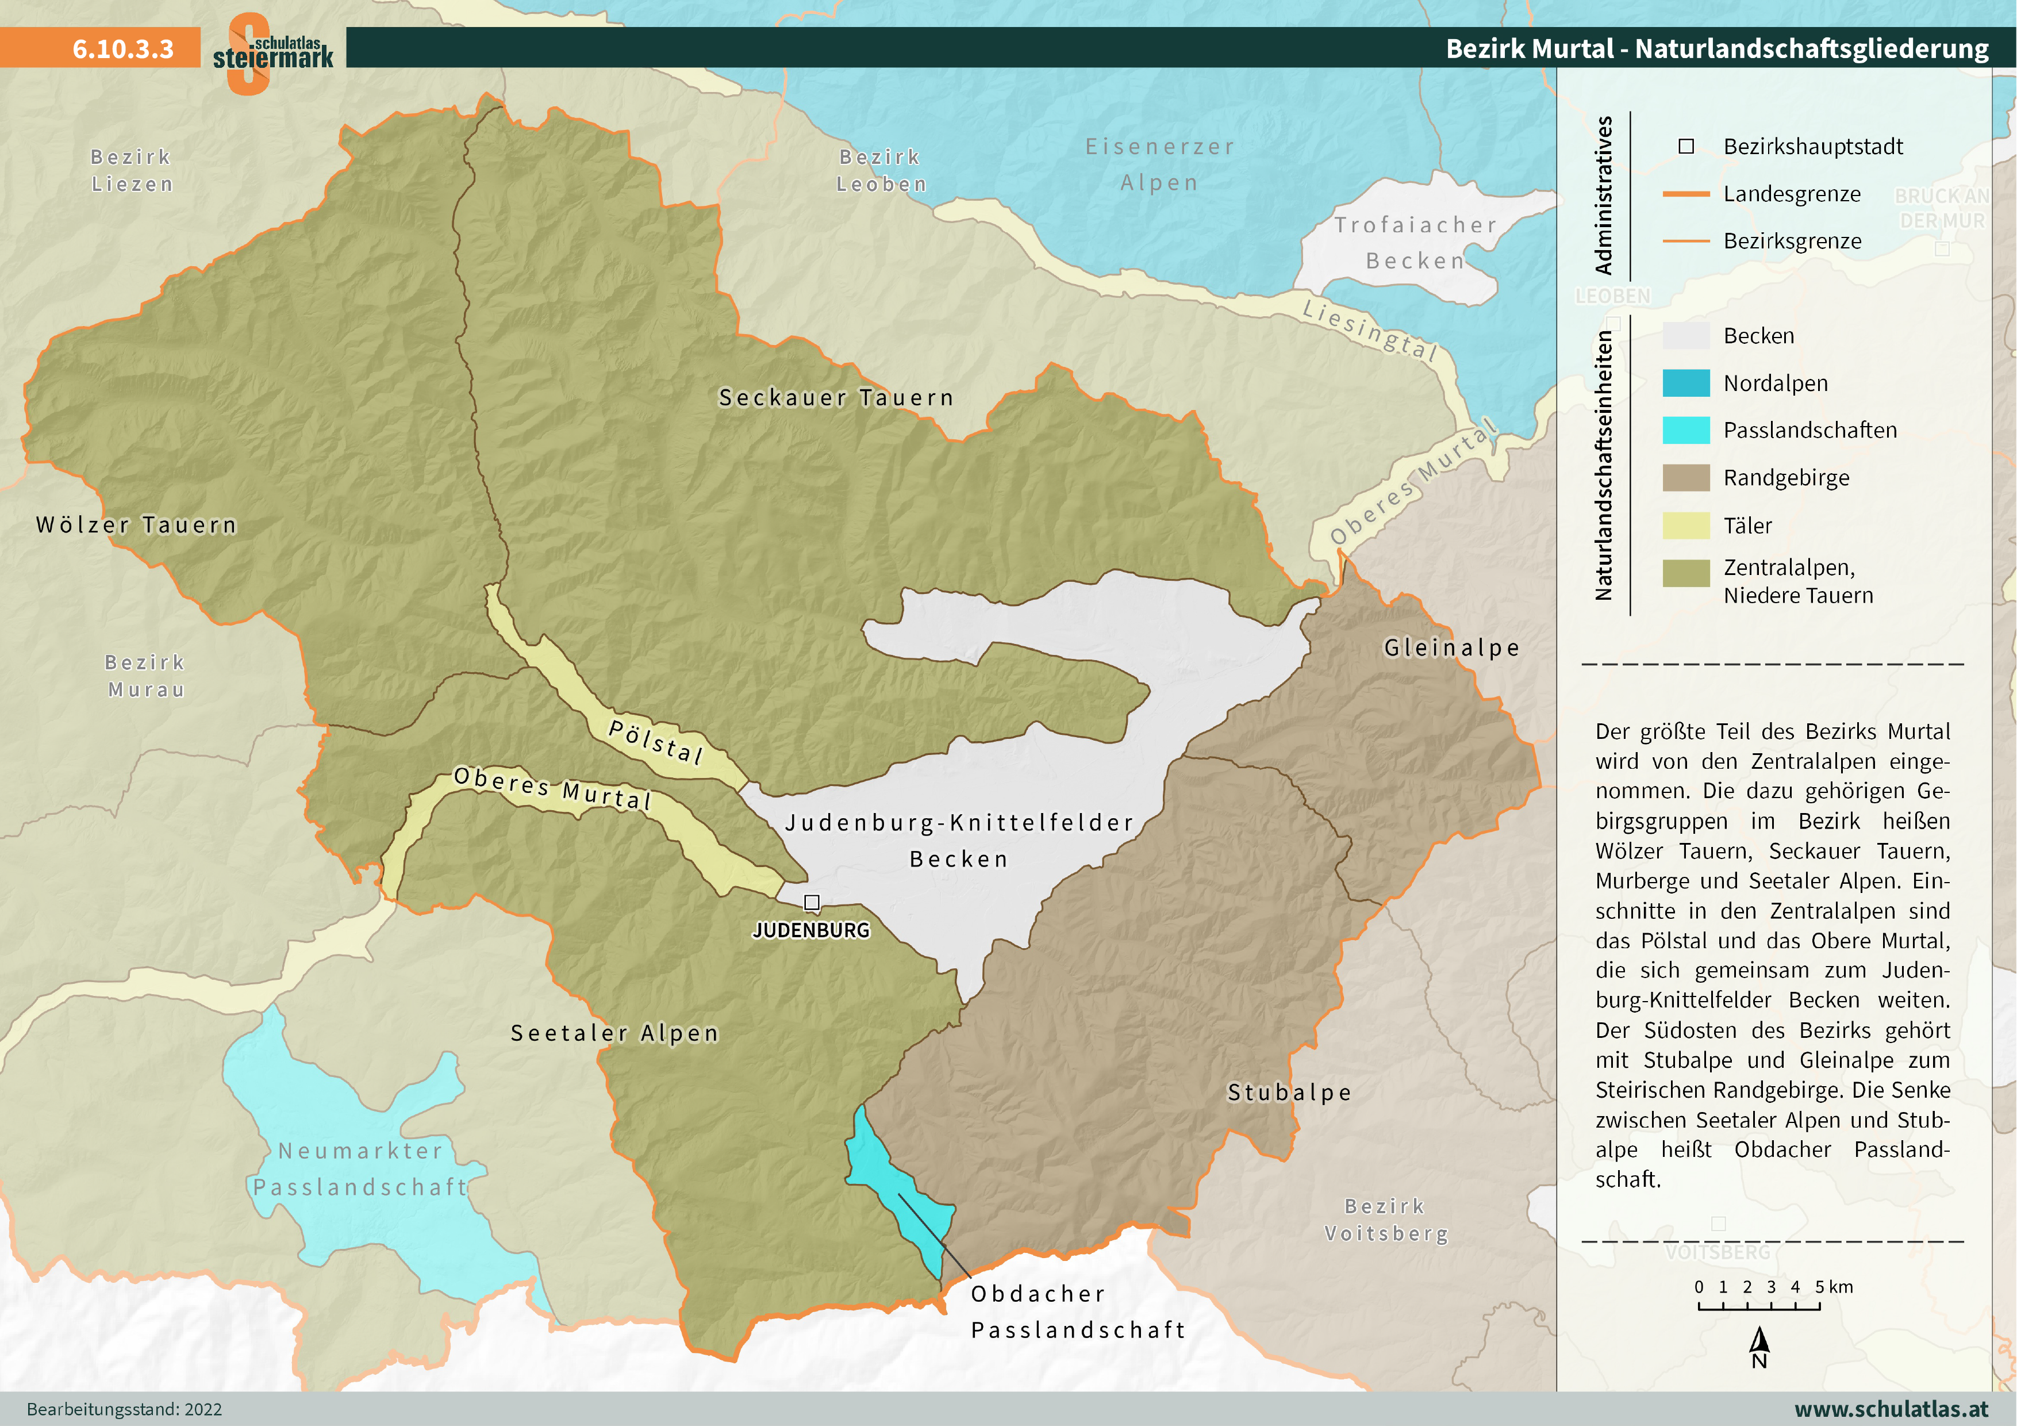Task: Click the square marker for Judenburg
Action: click(812, 902)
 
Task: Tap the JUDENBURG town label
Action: click(811, 930)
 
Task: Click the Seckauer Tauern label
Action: click(835, 398)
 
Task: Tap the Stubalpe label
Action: click(1289, 1092)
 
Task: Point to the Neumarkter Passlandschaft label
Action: click(360, 1168)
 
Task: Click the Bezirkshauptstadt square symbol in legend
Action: click(1686, 147)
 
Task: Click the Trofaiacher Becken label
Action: click(1415, 243)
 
